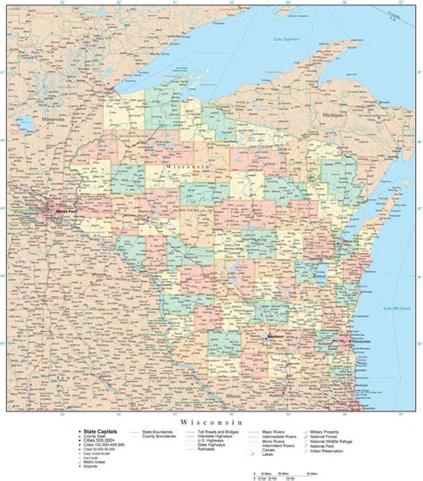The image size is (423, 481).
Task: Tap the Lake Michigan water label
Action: (397, 308)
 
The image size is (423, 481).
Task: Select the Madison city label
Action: (278, 337)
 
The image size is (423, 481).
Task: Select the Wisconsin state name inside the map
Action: (185, 166)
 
